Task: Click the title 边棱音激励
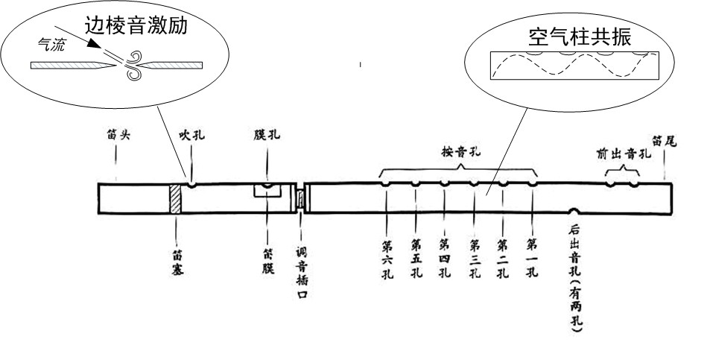pos(146,28)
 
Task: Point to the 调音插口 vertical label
pos(302,264)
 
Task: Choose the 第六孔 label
pos(387,257)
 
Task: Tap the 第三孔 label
pos(475,257)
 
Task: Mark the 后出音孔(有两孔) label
pos(575,276)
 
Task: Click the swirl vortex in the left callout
pos(135,64)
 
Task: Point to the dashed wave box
pos(574,66)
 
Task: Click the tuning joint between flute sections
pos(301,199)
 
